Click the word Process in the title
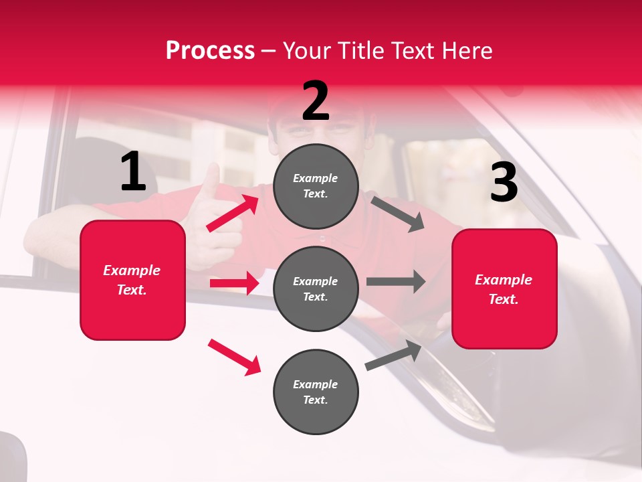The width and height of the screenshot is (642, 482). coord(210,51)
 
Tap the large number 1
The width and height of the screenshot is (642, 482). coord(133,172)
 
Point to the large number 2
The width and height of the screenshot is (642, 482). coord(316,101)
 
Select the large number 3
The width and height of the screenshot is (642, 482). coord(504,183)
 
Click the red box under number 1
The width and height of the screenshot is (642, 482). coord(132,280)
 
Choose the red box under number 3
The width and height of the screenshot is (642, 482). coord(504,289)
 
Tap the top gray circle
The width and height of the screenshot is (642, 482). coord(316,185)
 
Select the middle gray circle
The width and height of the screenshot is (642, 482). coord(316,289)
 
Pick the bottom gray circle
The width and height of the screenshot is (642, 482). coord(316,392)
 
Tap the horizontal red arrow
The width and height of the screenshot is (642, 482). coord(234,283)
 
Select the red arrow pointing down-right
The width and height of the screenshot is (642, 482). coord(235,357)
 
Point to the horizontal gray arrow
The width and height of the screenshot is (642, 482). coord(395,282)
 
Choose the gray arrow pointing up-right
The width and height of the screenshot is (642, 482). coord(394,355)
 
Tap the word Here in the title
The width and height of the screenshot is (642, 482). coord(469,51)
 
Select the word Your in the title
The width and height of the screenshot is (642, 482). coord(307,51)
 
